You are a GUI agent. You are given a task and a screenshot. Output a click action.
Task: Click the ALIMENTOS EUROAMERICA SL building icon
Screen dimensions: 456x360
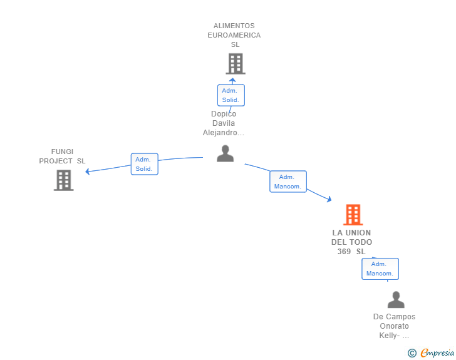236,64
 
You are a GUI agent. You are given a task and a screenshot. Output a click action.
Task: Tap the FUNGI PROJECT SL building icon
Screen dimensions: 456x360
64,180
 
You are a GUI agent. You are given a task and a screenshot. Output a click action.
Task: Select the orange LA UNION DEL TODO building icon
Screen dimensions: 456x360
353,215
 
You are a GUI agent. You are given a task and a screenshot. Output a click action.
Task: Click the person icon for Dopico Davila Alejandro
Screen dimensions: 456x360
225,153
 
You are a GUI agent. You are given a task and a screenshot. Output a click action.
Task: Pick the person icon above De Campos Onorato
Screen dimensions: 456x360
396,299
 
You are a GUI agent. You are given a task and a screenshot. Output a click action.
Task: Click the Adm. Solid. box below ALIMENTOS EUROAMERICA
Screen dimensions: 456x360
231,95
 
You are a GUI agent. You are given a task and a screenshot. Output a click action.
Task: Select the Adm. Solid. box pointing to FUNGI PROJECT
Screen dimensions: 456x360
145,164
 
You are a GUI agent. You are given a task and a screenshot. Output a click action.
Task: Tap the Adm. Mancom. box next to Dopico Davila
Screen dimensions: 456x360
288,182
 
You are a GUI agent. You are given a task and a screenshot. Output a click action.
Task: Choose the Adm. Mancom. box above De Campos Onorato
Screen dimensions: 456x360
380,269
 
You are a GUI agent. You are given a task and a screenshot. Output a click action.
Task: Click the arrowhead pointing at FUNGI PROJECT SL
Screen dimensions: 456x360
87,172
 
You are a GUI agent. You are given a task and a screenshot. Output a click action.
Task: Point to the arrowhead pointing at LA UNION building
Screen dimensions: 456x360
329,199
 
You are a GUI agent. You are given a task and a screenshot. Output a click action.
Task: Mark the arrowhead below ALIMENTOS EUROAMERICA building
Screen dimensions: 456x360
232,80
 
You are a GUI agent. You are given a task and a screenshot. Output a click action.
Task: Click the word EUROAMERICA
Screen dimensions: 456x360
234,35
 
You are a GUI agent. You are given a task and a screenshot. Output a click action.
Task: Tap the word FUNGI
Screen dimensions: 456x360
62,152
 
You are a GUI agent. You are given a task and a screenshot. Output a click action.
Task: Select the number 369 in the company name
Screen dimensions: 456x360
344,252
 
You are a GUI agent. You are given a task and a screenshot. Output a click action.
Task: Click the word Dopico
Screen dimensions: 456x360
224,114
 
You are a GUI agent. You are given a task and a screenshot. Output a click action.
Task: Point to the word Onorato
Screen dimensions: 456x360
395,326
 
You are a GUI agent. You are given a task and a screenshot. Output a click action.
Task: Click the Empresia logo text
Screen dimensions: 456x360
437,352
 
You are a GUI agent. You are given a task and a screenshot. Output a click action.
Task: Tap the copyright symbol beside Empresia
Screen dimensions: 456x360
412,353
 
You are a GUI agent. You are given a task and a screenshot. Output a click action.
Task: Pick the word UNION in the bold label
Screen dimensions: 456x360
358,233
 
